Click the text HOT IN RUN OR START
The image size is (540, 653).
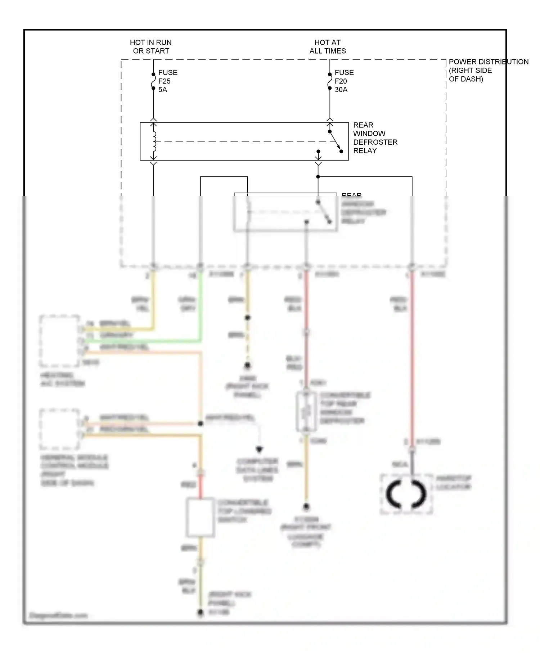(x=151, y=47)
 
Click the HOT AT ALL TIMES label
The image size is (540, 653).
(x=328, y=47)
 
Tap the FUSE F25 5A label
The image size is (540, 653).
(x=167, y=81)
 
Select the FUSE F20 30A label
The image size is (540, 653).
(x=344, y=81)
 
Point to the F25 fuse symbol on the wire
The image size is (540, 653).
(x=153, y=81)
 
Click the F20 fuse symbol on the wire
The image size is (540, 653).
(x=330, y=81)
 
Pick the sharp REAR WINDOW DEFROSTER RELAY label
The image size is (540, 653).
(x=375, y=138)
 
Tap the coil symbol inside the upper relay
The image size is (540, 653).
(x=154, y=141)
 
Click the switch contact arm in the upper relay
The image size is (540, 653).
(x=335, y=141)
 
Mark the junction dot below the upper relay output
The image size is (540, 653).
(x=318, y=177)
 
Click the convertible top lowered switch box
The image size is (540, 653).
(x=201, y=517)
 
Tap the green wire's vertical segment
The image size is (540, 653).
(x=201, y=306)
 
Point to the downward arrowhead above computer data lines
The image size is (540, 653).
(x=259, y=449)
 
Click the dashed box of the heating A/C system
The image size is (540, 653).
(x=59, y=341)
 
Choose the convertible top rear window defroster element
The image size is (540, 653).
(x=306, y=412)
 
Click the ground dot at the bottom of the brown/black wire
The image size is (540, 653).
(x=201, y=612)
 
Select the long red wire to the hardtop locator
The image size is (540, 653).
(x=412, y=360)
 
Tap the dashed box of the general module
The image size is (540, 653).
(x=59, y=429)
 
